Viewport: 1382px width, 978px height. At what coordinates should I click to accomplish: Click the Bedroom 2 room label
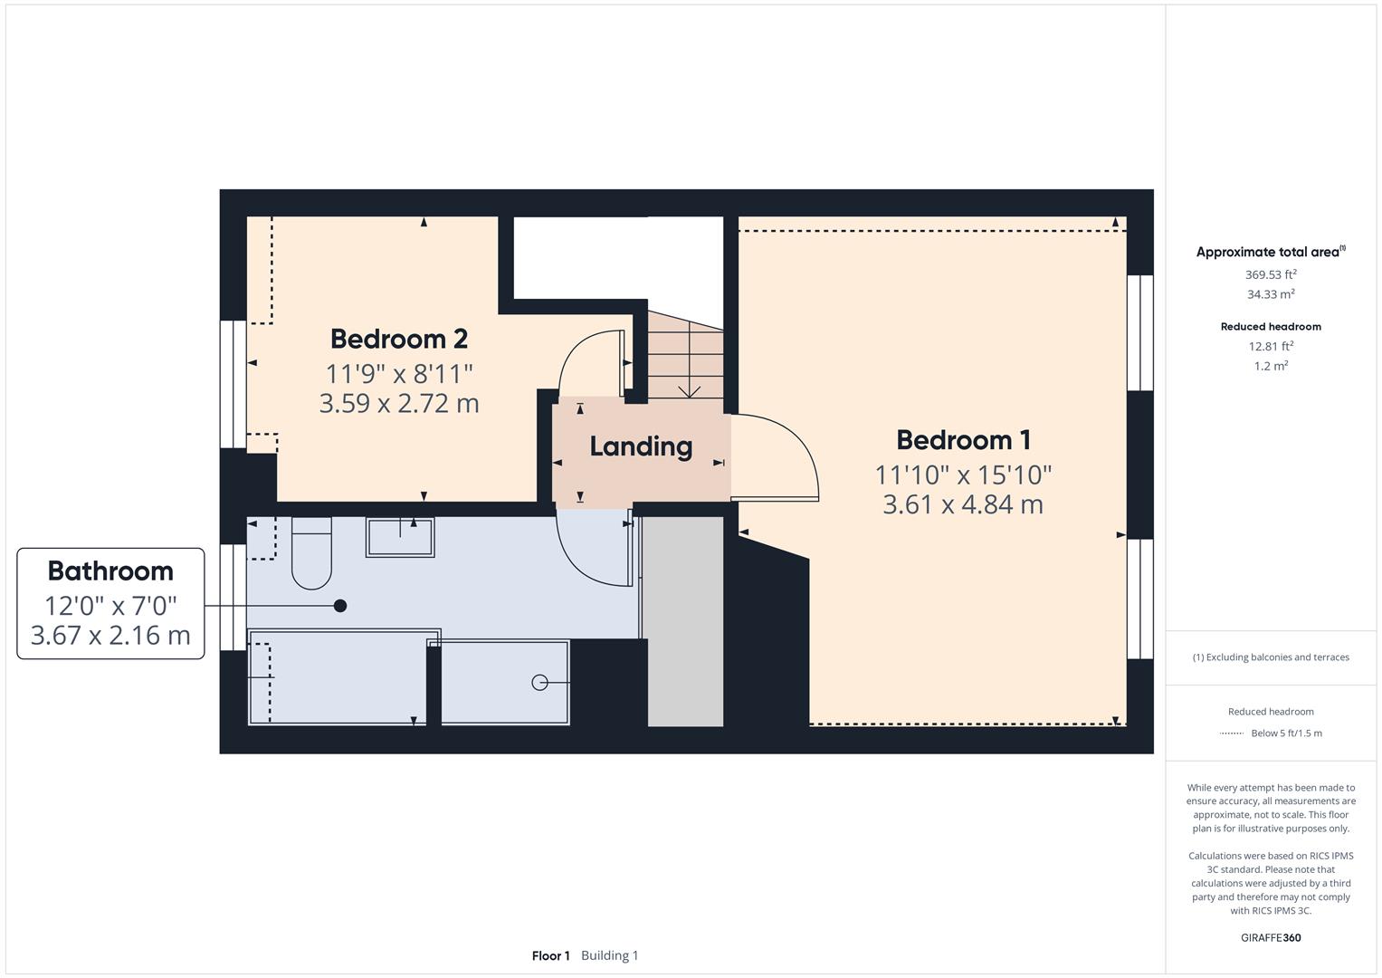tap(398, 339)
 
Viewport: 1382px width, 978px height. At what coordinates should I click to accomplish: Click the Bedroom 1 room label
tap(963, 440)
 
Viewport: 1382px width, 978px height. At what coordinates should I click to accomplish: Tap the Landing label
tap(641, 446)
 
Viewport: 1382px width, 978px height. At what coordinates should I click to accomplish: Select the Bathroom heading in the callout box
tap(110, 571)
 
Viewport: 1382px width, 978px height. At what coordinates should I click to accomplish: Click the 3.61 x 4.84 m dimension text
tap(963, 504)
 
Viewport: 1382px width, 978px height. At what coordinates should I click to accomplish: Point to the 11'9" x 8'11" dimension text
tap(398, 373)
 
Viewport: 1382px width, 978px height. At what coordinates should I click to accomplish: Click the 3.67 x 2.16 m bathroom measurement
tap(110, 636)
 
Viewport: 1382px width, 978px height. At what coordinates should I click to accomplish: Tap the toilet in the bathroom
tap(311, 554)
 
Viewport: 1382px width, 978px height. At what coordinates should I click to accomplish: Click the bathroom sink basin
tap(399, 537)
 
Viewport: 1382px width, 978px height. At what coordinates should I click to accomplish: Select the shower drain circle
tap(539, 683)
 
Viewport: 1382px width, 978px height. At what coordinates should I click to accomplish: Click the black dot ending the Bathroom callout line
tap(340, 606)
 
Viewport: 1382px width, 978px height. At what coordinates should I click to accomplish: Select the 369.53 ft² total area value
tap(1271, 274)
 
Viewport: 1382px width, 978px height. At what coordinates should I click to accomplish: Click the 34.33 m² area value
tap(1271, 294)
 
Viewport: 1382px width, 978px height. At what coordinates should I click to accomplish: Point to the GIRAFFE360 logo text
tap(1271, 937)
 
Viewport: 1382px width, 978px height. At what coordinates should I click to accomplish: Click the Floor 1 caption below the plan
tap(550, 955)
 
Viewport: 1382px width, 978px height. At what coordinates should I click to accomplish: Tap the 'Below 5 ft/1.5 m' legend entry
tap(1286, 733)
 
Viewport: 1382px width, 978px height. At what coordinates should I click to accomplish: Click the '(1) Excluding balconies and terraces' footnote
tap(1271, 657)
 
